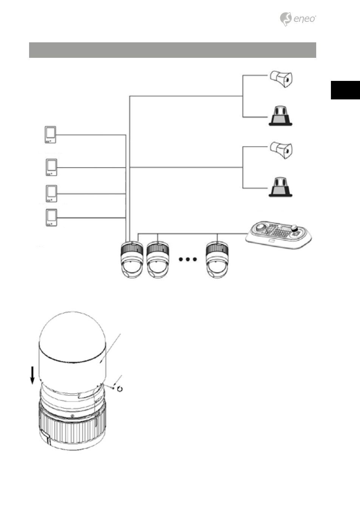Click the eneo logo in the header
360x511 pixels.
click(298, 19)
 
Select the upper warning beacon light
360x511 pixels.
click(281, 116)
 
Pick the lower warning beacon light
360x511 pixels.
click(281, 187)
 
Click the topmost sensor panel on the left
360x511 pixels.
click(50, 135)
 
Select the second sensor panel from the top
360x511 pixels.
click(51, 167)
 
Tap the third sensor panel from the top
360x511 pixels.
click(51, 194)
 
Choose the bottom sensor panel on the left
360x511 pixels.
click(51, 217)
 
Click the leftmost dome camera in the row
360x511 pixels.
click(131, 260)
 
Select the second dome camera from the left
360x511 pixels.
click(157, 260)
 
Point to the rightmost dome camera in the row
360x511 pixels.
click(218, 260)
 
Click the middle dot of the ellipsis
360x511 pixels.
click(188, 259)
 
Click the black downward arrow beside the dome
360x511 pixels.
click(33, 375)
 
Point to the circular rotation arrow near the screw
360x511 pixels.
click(120, 389)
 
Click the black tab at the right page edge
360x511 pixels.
click(345, 90)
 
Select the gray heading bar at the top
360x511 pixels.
click(172, 50)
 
